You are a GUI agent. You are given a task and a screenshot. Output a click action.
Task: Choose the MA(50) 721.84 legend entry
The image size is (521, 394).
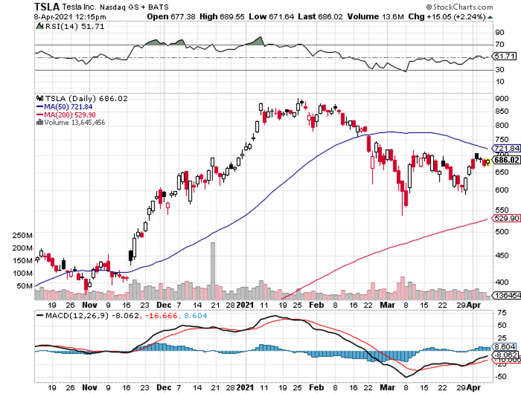65,106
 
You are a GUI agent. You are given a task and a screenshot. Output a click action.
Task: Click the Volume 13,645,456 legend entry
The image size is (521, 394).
71,122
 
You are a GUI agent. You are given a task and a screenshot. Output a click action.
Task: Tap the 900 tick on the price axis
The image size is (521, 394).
501,98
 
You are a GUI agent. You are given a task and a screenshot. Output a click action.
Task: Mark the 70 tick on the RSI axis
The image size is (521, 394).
499,45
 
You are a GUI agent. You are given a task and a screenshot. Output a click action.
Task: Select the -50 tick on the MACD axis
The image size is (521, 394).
500,377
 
